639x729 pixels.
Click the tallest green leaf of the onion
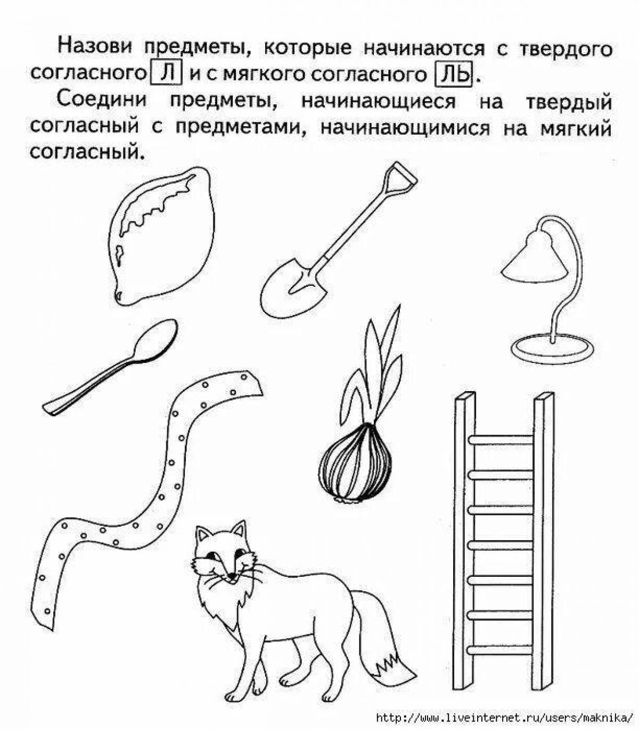click(392, 342)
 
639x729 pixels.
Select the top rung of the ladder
click(501, 440)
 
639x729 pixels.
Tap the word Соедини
click(102, 100)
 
